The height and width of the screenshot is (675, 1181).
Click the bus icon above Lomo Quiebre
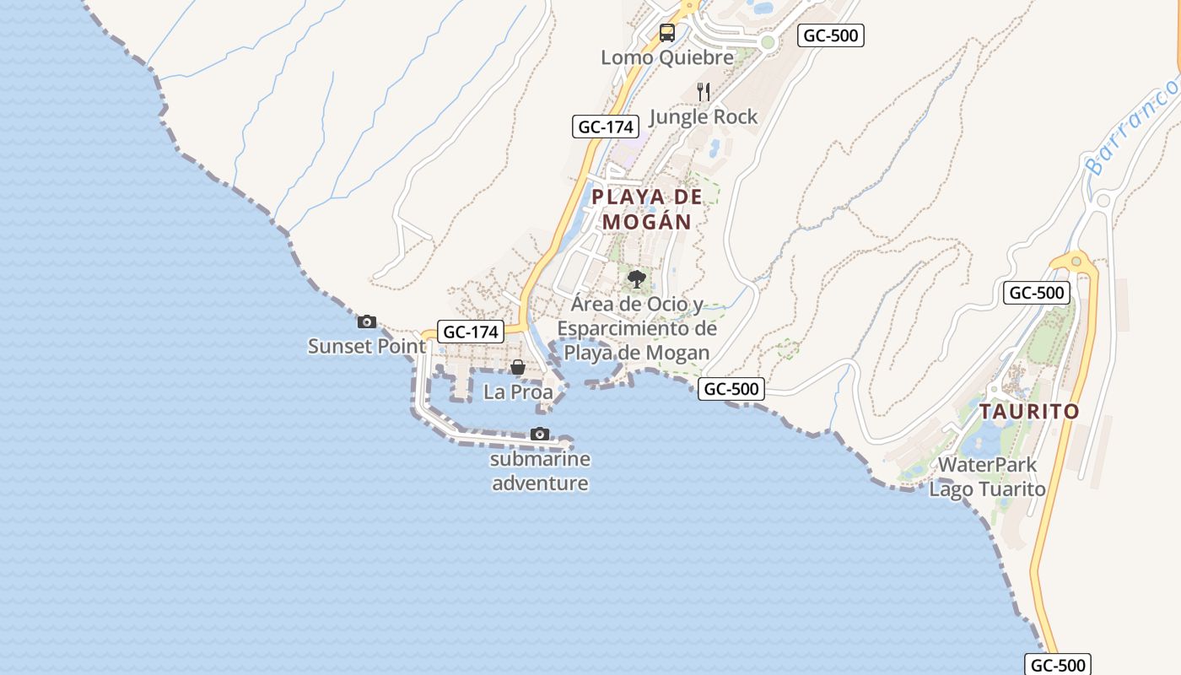(666, 33)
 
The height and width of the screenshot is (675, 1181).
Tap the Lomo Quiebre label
(667, 57)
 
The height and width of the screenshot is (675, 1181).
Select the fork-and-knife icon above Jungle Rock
(704, 91)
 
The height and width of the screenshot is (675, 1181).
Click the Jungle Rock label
(704, 116)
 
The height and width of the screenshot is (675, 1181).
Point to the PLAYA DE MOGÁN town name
(646, 209)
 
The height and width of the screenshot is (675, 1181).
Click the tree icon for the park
(637, 278)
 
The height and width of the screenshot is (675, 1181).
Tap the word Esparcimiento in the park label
(637, 328)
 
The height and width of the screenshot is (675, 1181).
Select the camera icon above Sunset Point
(367, 321)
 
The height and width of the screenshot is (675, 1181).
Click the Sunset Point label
(367, 346)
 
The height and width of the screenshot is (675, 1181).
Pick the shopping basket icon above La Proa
(518, 367)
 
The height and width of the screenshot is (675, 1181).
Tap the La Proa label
(518, 392)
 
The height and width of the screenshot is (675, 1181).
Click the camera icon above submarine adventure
(540, 435)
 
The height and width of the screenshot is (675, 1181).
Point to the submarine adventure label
(540, 472)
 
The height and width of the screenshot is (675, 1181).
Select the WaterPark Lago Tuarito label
(987, 477)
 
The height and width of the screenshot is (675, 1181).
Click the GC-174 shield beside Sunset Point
(471, 332)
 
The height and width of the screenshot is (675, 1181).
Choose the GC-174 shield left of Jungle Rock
(604, 127)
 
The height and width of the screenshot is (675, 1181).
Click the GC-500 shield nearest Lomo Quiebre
(831, 35)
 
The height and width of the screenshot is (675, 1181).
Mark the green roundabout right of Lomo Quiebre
(767, 42)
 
